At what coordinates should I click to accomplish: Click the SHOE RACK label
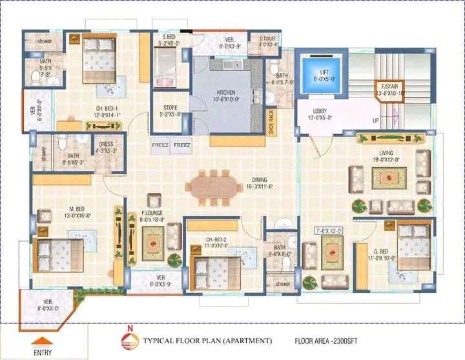click(x=271, y=121)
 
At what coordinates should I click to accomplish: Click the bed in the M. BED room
click(x=59, y=254)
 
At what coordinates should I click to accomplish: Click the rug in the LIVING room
click(x=389, y=177)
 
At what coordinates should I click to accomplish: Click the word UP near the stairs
click(x=375, y=121)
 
